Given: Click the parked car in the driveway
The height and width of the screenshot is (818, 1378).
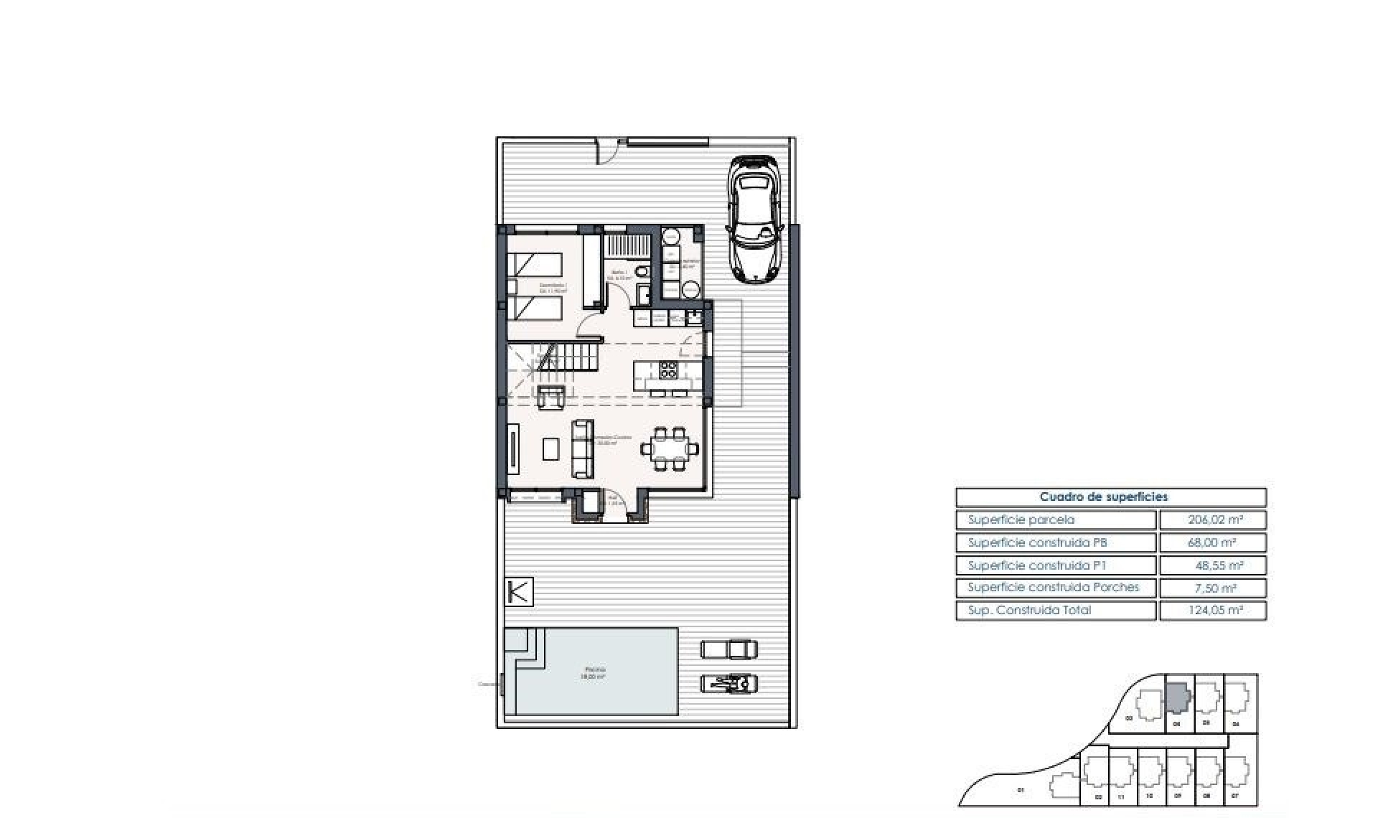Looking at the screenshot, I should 754,219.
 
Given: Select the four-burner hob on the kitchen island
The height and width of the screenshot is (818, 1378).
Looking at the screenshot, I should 668,370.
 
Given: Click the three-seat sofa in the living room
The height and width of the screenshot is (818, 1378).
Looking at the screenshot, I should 582,449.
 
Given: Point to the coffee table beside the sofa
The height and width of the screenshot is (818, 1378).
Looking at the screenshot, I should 551,449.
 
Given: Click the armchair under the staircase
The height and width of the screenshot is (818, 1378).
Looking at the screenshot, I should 551,396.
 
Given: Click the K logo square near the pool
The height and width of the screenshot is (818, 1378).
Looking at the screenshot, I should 519,592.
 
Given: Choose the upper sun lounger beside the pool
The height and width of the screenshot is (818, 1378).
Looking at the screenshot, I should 728,649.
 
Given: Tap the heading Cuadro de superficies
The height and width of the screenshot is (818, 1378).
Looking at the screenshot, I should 1103,497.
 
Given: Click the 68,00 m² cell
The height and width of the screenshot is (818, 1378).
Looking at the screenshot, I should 1211,542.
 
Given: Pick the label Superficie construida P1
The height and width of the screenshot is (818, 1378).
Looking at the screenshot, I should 1036,565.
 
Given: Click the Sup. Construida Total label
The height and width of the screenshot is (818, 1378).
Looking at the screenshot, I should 1029,610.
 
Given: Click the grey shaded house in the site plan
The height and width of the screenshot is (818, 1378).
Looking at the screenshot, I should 1177,697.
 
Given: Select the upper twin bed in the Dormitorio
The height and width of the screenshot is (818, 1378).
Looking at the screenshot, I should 535,265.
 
